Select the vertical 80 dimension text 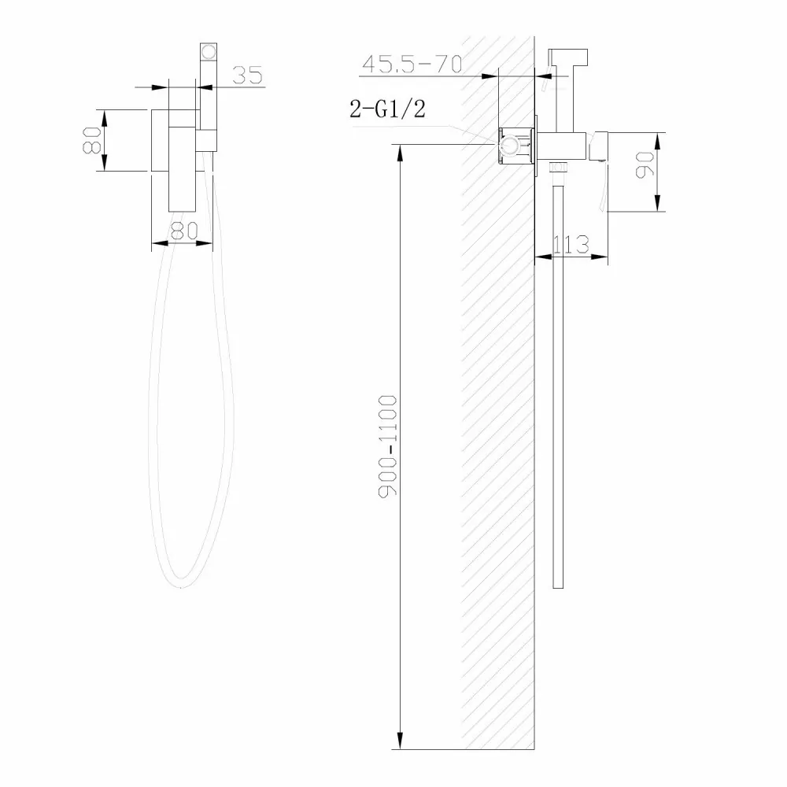point(94,139)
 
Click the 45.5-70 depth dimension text point(410,64)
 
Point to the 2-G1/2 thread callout point(387,109)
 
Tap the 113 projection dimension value point(571,245)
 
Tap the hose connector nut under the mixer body point(558,166)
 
